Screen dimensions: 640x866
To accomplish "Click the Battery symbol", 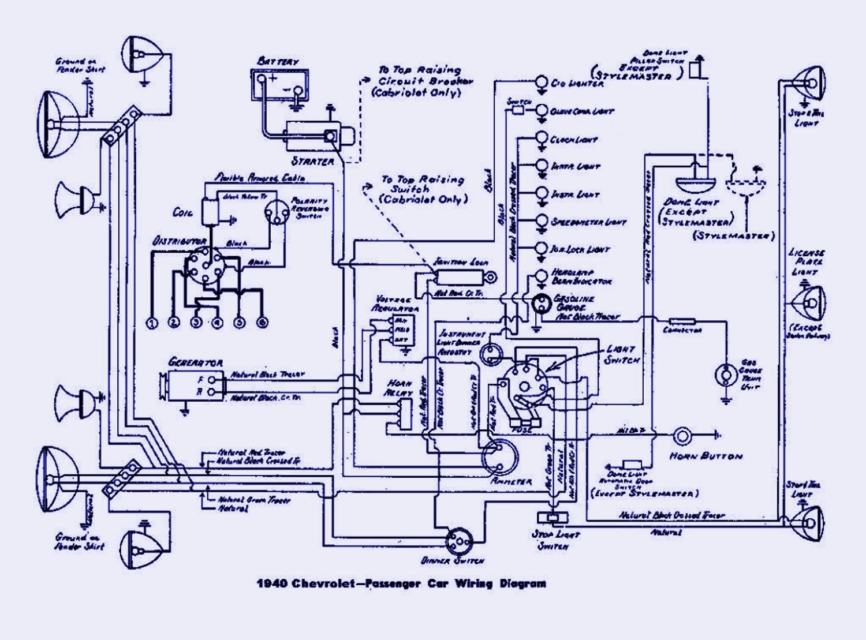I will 279,85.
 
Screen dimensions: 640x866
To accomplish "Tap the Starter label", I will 312,161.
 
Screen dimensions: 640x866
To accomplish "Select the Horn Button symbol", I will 682,436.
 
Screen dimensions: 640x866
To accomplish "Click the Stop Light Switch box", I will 553,517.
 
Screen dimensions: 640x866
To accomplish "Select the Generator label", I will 195,362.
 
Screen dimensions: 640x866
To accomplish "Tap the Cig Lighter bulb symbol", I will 542,82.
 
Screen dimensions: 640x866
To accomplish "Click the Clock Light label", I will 573,140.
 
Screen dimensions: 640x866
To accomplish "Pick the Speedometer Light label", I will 588,222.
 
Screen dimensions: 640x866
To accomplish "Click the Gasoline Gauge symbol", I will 542,304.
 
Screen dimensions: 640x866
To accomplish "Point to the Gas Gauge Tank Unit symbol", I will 725,375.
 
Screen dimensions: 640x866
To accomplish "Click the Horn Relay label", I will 400,387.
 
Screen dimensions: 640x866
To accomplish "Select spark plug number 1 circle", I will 152,323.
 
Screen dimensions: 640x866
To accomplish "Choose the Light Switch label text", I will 621,354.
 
